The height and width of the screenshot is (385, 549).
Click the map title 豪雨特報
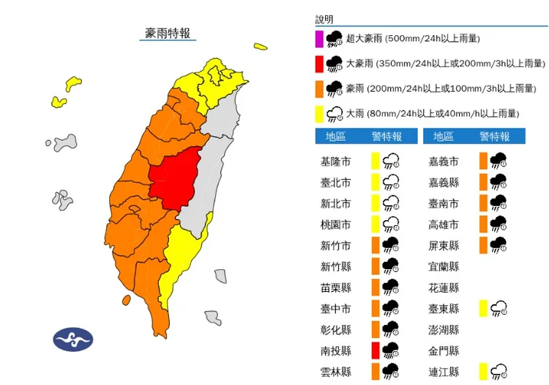click(x=168, y=34)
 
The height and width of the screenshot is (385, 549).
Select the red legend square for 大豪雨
click(x=319, y=64)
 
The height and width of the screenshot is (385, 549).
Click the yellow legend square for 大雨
click(x=319, y=114)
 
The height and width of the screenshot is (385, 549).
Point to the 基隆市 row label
click(x=335, y=161)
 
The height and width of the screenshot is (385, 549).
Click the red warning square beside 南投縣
click(x=375, y=350)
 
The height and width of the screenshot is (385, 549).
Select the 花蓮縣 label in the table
click(x=444, y=287)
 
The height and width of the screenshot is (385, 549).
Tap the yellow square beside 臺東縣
click(x=483, y=308)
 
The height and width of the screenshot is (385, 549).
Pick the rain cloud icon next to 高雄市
click(x=499, y=223)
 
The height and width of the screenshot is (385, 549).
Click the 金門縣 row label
click(x=444, y=350)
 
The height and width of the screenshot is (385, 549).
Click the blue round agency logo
click(x=72, y=340)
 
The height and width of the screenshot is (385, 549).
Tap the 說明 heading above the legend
click(x=324, y=19)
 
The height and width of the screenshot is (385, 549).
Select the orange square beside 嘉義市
click(x=483, y=161)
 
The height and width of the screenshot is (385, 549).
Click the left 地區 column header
click(x=336, y=136)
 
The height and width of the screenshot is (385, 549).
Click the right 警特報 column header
click(x=494, y=136)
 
